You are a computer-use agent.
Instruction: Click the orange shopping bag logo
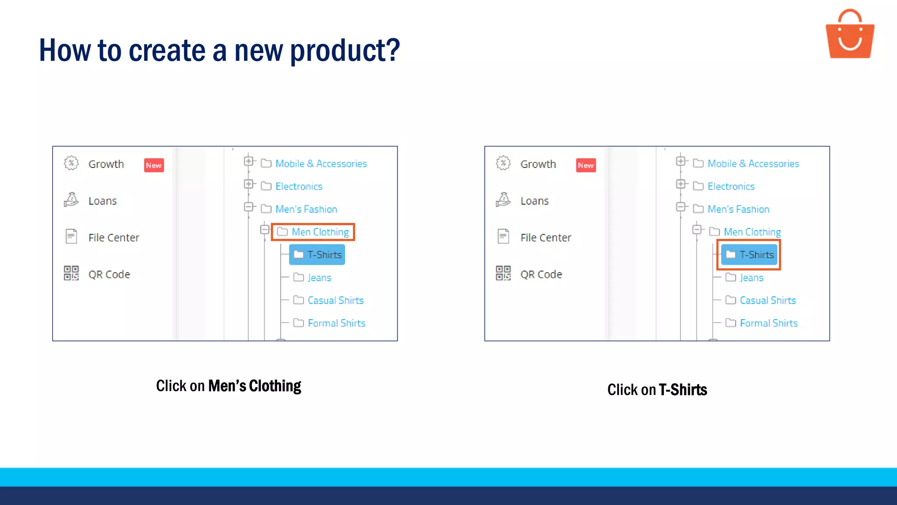pos(850,35)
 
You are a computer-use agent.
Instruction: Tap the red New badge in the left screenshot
pos(154,165)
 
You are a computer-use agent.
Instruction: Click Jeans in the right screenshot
pos(751,277)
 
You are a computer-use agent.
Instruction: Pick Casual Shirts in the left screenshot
pos(335,300)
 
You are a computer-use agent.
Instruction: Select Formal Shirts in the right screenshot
pos(768,323)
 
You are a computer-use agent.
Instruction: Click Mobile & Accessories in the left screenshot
pos(321,164)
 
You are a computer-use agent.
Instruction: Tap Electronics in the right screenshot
pos(731,186)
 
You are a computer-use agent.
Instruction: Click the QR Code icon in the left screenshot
pos(71,273)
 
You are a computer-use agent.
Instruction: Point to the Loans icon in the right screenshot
pos(503,200)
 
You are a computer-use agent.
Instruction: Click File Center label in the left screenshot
pos(114,238)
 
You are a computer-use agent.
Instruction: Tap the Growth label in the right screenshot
pos(538,164)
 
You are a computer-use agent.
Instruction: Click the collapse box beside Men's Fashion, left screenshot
pos(249,206)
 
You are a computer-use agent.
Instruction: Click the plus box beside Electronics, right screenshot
pos(681,184)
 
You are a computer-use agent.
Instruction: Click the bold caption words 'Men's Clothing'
pos(254,386)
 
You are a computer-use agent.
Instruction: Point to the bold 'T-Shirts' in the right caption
pos(683,390)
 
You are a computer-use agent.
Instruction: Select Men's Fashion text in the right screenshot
pos(738,209)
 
